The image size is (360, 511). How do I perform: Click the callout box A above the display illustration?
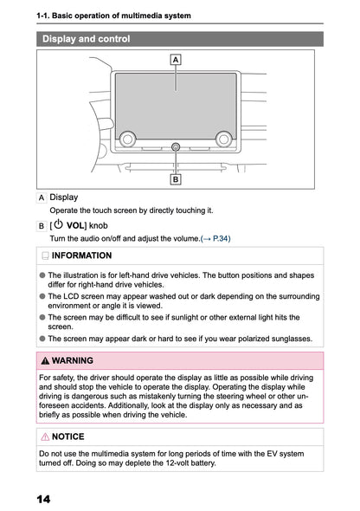coord(176,60)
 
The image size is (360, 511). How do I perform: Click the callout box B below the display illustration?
coord(176,180)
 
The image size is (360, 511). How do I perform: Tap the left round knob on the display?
coord(128,137)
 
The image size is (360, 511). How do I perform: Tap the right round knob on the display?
coord(223,137)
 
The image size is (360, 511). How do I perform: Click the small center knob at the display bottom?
coord(176,147)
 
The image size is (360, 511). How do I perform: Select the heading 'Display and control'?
coord(87,39)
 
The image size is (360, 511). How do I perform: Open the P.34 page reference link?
coord(217,238)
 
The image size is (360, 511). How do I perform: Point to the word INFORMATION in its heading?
coord(81,256)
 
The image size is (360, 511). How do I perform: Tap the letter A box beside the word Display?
coord(42,197)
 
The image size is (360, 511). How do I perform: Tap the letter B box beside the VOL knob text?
coord(42,225)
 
